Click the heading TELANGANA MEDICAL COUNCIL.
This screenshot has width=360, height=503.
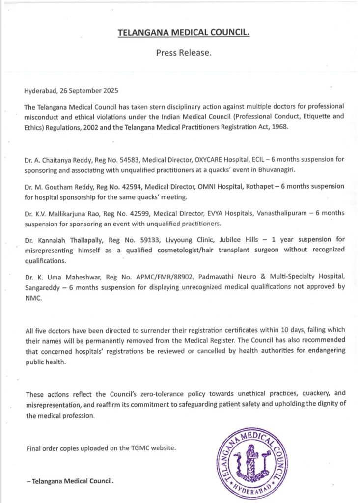tap(184, 33)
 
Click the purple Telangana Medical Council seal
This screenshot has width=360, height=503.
tap(251, 463)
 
